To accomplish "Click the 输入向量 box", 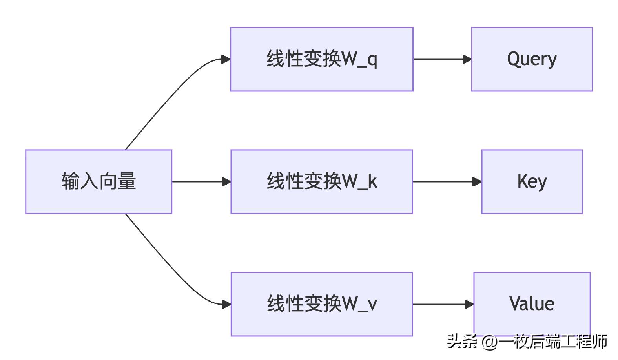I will pyautogui.click(x=98, y=181).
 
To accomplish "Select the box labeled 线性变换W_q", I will pyautogui.click(x=321, y=59).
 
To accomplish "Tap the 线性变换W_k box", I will pyautogui.click(x=321, y=181).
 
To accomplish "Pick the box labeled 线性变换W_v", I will pyautogui.click(x=321, y=304).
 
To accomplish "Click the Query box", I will pyautogui.click(x=532, y=59).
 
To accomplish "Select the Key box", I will pyautogui.click(x=532, y=181).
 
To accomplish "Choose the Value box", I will pyautogui.click(x=532, y=304).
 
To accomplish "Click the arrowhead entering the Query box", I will pyautogui.click(x=467, y=59).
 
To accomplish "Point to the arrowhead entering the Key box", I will pyautogui.click(x=477, y=182).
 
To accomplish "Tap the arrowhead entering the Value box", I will pyautogui.click(x=469, y=304).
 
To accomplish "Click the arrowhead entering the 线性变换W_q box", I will pyautogui.click(x=226, y=59).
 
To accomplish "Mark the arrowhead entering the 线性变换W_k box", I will pyautogui.click(x=226, y=182).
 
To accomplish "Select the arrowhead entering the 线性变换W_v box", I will pyautogui.click(x=226, y=304).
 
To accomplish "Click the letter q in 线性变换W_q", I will pyautogui.click(x=372, y=60).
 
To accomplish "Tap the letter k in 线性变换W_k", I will pyautogui.click(x=372, y=181).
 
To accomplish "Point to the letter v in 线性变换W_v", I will pyautogui.click(x=372, y=305).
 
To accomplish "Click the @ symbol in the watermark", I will pyautogui.click(x=490, y=342).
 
